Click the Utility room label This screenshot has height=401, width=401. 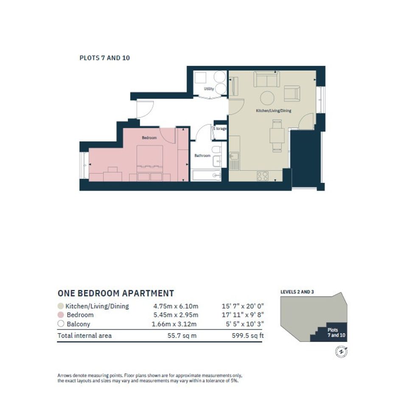click(209, 89)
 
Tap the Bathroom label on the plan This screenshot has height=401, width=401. click(202, 155)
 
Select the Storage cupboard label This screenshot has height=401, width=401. click(220, 129)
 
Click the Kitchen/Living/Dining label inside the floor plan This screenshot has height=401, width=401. click(274, 111)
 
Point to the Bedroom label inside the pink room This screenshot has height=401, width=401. click(149, 137)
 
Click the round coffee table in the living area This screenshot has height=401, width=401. click(267, 98)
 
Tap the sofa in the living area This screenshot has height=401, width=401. click(266, 79)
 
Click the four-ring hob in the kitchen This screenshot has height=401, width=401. click(262, 176)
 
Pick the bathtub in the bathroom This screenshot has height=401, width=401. click(206, 175)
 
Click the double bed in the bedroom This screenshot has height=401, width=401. click(150, 163)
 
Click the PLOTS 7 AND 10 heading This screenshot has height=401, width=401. click(104, 58)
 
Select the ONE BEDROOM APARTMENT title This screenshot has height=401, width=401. click(116, 293)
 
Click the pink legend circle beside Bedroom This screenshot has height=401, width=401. click(61, 315)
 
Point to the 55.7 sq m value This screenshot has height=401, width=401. click(182, 336)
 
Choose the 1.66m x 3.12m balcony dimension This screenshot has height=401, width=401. click(174, 324)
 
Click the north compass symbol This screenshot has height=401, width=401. click(341, 352)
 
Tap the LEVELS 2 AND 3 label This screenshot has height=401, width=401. click(297, 292)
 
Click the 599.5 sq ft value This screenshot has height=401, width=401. click(247, 336)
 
